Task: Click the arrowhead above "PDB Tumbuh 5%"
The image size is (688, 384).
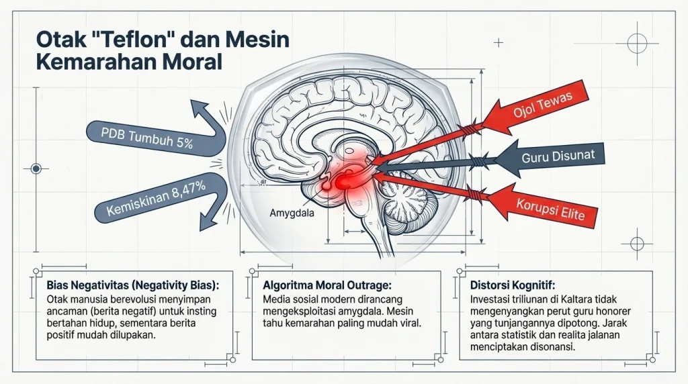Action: tap(199, 109)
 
